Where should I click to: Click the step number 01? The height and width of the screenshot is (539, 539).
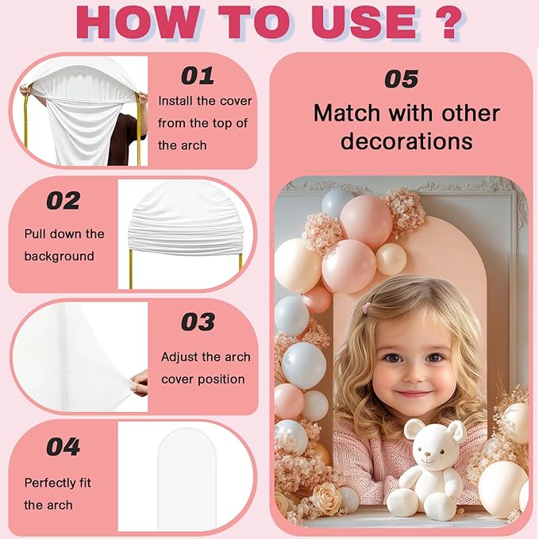[x=198, y=76]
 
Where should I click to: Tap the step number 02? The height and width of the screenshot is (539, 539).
[x=64, y=201]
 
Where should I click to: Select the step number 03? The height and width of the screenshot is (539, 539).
[x=198, y=322]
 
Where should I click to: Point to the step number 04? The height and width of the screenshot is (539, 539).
[x=64, y=447]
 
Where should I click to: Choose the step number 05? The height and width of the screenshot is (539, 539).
[x=402, y=79]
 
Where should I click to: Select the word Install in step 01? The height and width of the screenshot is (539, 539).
[x=175, y=101]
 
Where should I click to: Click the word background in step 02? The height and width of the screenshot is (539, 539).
[x=59, y=256]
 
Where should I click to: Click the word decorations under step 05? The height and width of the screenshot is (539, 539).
[x=406, y=141]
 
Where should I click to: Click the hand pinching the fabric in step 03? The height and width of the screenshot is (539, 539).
[x=139, y=383]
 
